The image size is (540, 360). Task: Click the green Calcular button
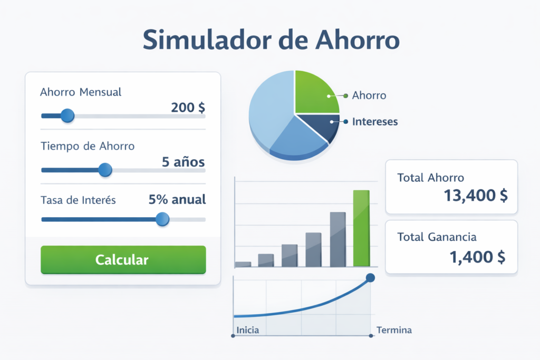tap(123, 259)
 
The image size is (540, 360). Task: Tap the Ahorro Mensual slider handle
tap(67, 115)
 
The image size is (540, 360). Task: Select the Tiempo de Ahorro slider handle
tap(105, 170)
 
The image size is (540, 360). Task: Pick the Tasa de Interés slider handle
tap(162, 219)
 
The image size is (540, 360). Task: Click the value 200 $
tap(188, 108)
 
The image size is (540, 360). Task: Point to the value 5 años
tap(183, 162)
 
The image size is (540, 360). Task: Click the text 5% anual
tap(177, 200)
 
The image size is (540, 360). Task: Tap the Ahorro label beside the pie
tap(369, 95)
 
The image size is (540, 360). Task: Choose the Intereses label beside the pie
tap(374, 122)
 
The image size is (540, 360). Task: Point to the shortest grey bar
tap(243, 264)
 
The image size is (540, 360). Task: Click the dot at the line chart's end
tap(370, 278)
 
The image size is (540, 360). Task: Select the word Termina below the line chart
tap(394, 330)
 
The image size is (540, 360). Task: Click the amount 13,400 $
tap(476, 196)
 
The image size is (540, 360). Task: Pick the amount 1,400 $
tap(477, 257)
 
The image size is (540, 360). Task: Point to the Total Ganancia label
tap(437, 237)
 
